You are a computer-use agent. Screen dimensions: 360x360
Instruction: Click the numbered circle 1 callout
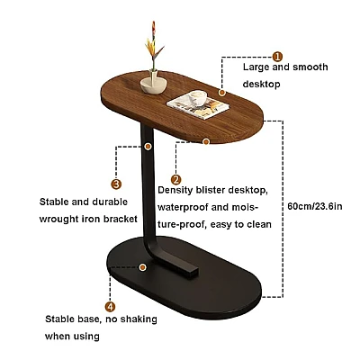point(277,57)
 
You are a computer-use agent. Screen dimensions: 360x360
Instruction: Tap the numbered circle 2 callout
point(176,180)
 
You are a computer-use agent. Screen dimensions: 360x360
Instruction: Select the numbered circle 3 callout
point(116,184)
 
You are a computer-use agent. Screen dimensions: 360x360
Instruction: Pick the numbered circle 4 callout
point(110,307)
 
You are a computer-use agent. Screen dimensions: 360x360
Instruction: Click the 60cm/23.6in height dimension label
point(315,206)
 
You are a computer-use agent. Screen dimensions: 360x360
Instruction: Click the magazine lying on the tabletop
point(198,105)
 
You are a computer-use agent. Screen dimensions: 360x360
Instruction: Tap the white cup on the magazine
point(197,98)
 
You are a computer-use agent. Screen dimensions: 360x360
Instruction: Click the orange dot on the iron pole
point(148,147)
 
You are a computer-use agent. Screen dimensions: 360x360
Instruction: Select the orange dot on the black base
point(143,267)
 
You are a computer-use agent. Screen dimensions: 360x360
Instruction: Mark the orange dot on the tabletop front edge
point(206,141)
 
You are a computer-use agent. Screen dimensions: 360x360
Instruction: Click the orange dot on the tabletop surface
point(222,93)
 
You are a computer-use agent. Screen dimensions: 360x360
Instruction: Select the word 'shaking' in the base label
point(139,319)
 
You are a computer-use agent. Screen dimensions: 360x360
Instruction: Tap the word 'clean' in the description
point(259,224)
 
